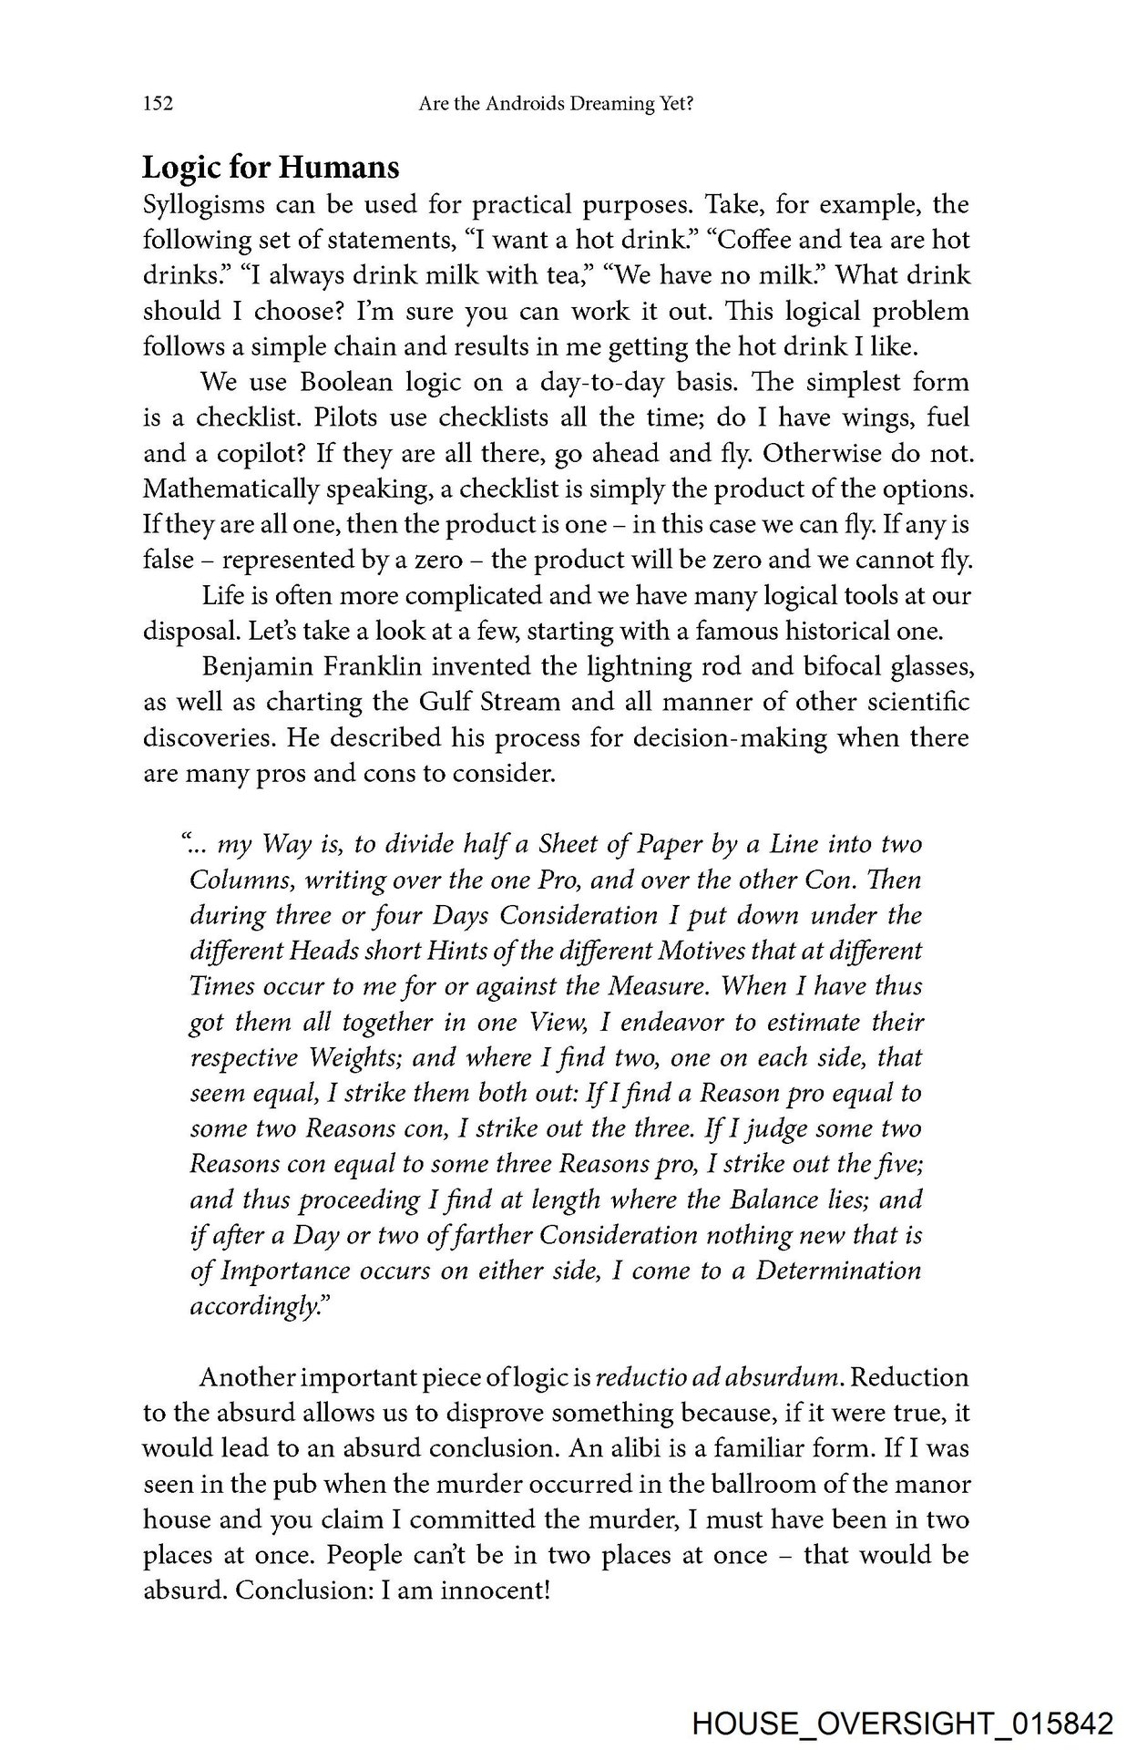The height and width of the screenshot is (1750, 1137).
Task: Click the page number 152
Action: [x=159, y=105]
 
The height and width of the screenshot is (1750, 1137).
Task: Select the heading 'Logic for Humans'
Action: [x=271, y=168]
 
